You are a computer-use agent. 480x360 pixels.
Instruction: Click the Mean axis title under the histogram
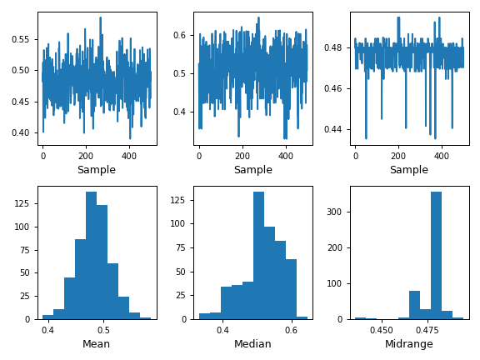[x=97, y=344]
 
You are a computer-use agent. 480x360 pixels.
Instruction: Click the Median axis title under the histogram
[x=252, y=344]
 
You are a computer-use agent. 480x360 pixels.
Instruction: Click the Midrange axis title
[x=408, y=344]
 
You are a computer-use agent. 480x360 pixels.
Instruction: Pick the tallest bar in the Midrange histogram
[x=436, y=255]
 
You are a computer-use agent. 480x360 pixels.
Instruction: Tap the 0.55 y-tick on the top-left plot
[x=21, y=39]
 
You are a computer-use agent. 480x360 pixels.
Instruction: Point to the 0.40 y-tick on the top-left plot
[x=21, y=132]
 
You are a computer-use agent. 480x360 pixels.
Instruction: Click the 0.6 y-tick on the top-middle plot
[x=181, y=35]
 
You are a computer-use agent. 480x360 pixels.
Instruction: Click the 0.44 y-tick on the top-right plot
[x=335, y=129]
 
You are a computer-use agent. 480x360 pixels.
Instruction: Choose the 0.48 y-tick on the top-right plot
[x=335, y=47]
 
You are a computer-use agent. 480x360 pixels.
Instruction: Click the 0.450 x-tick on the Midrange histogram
[x=382, y=330]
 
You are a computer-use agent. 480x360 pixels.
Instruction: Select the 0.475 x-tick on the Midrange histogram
[x=427, y=330]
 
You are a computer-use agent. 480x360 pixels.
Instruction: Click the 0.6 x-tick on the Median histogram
[x=290, y=330]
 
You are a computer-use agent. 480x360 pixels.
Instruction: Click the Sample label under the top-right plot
[x=408, y=170]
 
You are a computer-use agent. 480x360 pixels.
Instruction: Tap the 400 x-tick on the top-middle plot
[x=286, y=156]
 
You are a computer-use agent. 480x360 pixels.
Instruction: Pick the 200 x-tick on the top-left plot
[x=86, y=156]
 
